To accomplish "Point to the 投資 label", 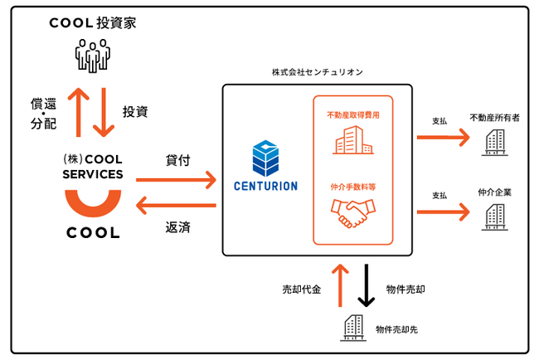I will (135, 111).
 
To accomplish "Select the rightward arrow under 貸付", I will (175, 179).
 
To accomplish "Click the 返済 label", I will (177, 226).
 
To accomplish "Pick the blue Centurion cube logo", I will (267, 157).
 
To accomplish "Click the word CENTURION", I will (267, 186).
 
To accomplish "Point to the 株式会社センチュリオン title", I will (317, 73).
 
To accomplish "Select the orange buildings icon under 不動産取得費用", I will (352, 139).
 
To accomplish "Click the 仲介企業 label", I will (495, 192).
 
